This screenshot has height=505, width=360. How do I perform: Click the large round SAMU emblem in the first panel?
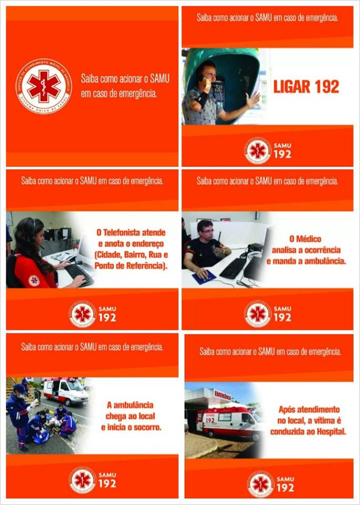(44, 86)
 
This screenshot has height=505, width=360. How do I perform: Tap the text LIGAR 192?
(306, 87)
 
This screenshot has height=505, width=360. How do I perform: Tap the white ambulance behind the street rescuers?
(66, 391)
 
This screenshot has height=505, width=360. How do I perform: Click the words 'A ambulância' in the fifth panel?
(130, 405)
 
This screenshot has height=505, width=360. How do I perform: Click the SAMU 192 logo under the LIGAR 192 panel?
(268, 150)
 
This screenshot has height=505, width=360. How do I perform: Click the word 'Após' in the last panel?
(287, 409)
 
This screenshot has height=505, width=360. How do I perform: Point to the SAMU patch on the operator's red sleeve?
(34, 280)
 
